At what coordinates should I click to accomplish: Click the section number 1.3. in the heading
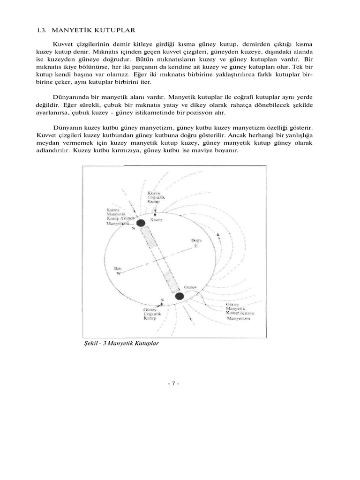tap(42, 30)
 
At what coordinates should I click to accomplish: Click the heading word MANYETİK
tap(68, 30)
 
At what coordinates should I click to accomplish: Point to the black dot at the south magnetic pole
tap(179, 296)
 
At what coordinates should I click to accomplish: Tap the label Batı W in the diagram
tap(119, 270)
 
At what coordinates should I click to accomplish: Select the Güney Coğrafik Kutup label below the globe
tap(150, 315)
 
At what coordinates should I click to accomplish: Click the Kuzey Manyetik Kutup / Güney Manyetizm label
tap(120, 217)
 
